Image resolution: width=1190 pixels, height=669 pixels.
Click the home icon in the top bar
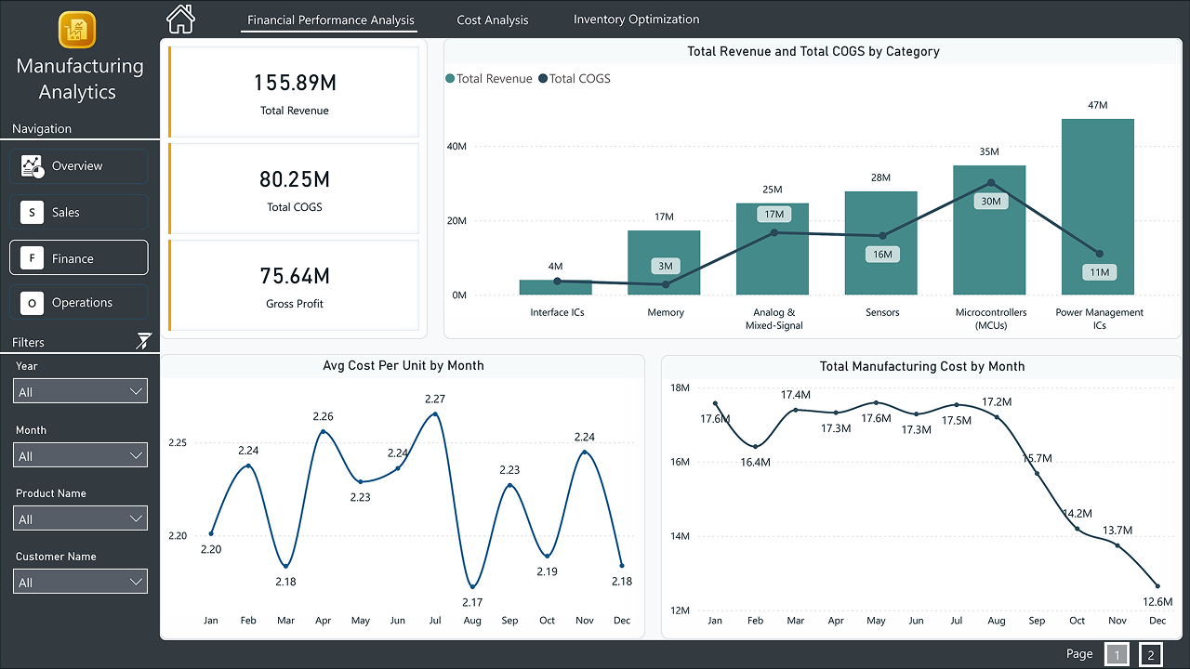coord(180,19)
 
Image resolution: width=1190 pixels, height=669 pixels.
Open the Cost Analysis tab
coord(492,20)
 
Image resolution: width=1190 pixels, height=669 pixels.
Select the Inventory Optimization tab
coord(636,20)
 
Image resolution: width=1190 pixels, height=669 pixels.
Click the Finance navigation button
coord(79,258)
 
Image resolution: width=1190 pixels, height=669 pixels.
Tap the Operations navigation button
coord(79,303)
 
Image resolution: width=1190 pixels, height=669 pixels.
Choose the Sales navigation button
coord(79,213)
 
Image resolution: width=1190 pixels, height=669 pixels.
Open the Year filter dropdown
coord(81,392)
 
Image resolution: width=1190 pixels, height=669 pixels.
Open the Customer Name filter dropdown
coord(81,583)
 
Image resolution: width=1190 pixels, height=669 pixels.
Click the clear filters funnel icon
coord(143,341)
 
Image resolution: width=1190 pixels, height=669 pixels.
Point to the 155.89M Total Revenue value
coord(295,84)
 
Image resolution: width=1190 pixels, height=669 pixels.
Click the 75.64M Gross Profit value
coord(295,276)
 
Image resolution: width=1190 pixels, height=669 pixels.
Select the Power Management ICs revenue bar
coord(1097,206)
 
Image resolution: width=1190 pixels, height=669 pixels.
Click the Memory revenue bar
coord(664,262)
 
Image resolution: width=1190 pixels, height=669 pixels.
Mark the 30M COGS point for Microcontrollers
coord(990,183)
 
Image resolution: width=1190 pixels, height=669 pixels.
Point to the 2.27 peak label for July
coord(434,399)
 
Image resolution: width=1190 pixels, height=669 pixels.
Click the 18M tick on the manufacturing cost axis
coord(680,388)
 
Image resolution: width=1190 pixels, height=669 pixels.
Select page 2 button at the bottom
coord(1150,655)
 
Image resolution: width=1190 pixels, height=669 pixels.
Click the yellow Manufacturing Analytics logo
coord(78,30)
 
